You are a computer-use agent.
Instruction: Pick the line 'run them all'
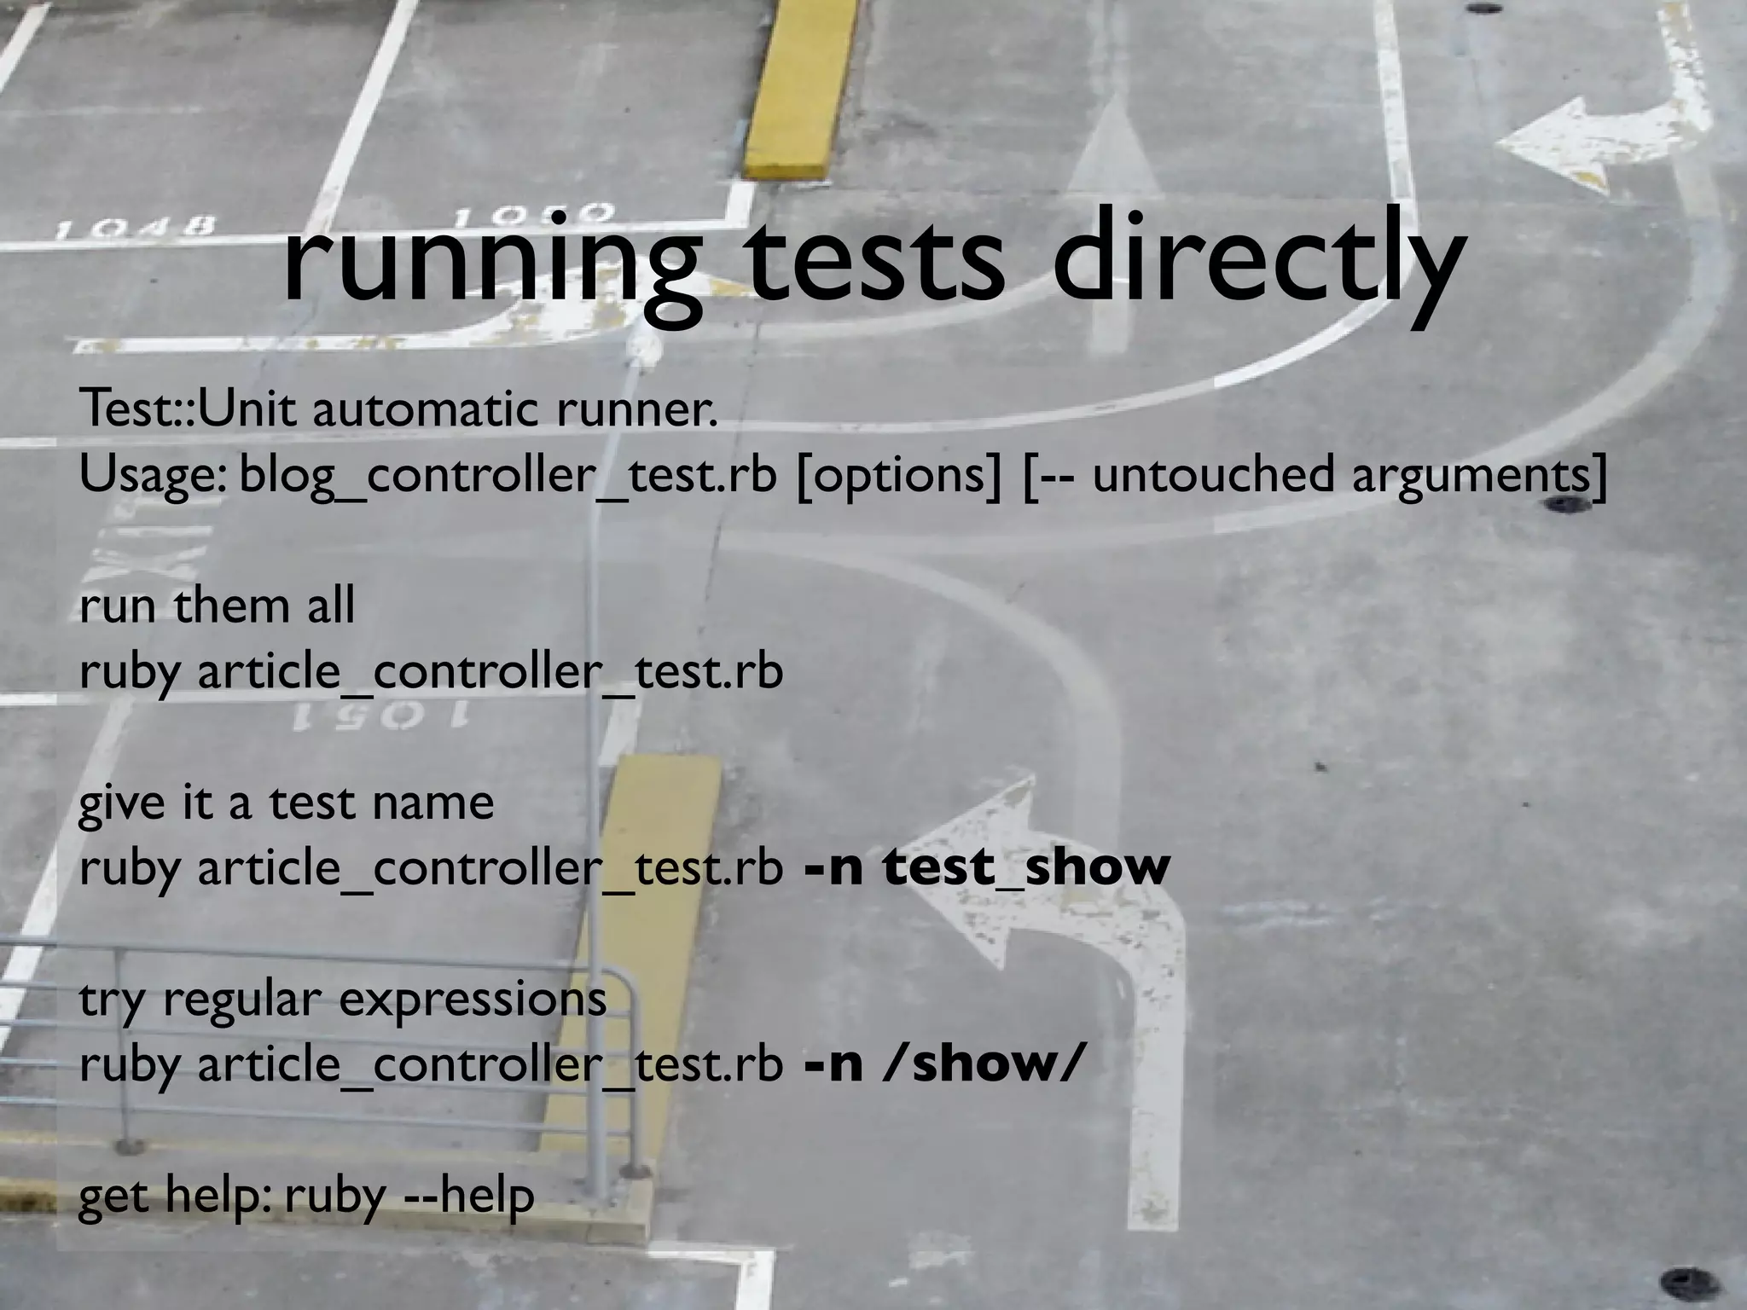click(x=217, y=606)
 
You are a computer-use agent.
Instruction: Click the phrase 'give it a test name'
click(x=286, y=803)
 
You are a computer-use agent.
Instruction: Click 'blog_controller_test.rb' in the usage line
click(x=508, y=476)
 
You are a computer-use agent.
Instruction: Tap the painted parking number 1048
click(x=136, y=228)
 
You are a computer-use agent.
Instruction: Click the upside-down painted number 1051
click(x=380, y=716)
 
